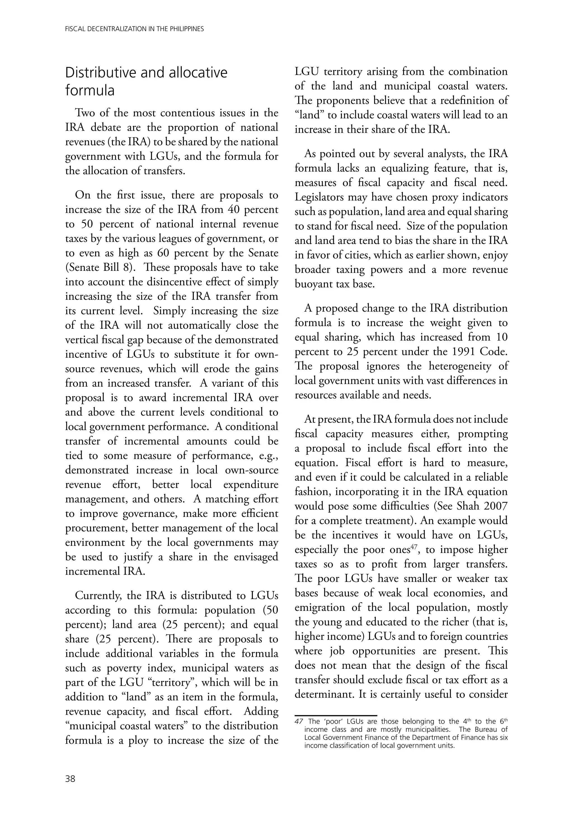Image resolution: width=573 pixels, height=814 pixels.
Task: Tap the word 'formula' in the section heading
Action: (90, 91)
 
